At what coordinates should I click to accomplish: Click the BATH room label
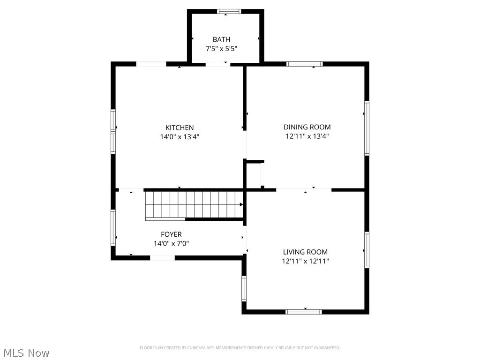click(221, 39)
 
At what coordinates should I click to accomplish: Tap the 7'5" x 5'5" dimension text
click(221, 48)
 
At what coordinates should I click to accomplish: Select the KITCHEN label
click(180, 127)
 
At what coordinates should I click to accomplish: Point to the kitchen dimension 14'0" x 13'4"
click(180, 137)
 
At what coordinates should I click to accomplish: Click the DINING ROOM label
click(307, 127)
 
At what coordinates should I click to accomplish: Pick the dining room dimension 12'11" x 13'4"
click(307, 136)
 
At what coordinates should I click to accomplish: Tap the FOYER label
click(171, 234)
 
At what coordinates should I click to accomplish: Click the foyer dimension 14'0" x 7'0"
click(171, 244)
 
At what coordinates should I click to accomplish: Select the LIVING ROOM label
click(305, 252)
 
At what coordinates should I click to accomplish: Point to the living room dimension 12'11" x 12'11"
click(305, 261)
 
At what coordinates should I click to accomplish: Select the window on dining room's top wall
click(305, 64)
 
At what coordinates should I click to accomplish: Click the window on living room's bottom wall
click(304, 311)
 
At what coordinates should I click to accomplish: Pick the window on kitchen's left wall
click(113, 131)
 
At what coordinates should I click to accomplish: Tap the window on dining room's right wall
click(367, 128)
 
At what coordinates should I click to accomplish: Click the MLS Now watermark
click(26, 352)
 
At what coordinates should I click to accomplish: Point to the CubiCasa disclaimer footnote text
click(240, 348)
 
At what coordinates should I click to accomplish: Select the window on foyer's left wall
click(113, 228)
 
